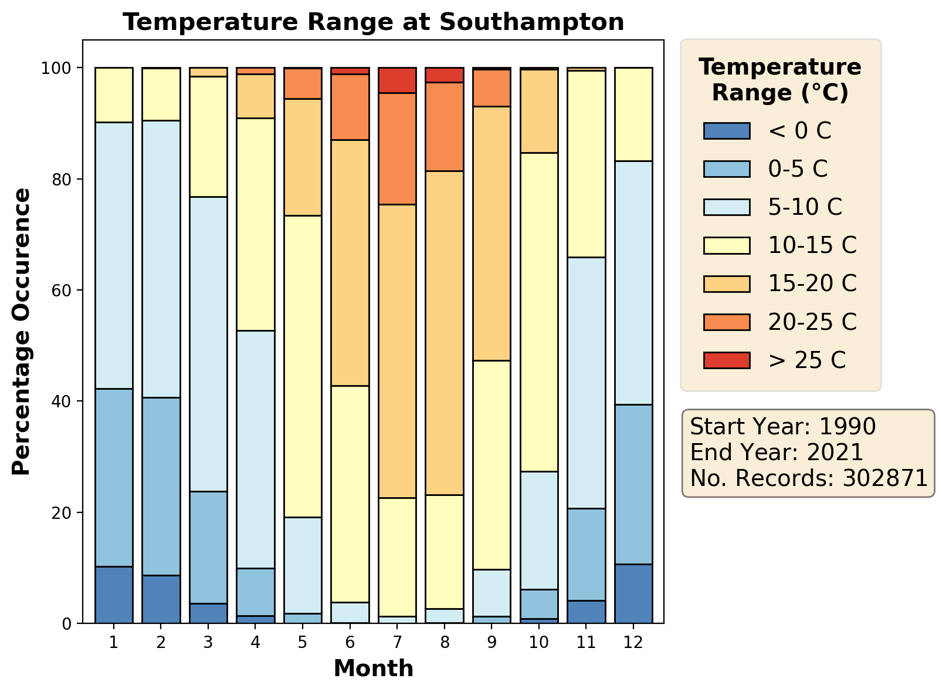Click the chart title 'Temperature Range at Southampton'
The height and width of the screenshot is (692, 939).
373,22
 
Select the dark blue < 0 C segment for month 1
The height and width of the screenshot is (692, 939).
114,595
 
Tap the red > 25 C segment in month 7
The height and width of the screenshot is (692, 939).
397,80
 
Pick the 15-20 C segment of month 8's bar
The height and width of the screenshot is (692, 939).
445,333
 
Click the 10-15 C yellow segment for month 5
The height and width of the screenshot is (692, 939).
303,366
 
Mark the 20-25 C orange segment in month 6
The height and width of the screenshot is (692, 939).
350,107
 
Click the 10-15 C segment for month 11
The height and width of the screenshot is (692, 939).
586,164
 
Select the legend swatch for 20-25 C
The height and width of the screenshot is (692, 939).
727,322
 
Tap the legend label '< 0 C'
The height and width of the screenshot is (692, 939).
799,131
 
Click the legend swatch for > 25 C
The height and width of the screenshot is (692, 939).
727,360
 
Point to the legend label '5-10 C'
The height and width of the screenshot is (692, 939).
805,207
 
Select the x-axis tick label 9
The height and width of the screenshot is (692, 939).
491,642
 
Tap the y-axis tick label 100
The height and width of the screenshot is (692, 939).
60,68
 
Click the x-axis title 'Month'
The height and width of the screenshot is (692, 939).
373,669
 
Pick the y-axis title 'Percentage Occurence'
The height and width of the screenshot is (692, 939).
22,332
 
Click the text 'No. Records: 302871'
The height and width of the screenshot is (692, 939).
808,478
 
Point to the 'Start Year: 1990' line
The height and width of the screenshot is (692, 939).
782,427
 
